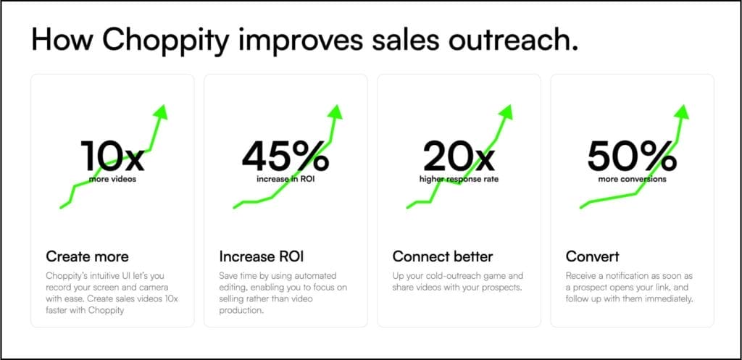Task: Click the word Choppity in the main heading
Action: pyautogui.click(x=167, y=41)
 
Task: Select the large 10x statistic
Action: pyautogui.click(x=112, y=156)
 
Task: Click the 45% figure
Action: pyautogui.click(x=285, y=156)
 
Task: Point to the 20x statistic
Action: pyautogui.click(x=459, y=156)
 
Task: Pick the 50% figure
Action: pyautogui.click(x=632, y=156)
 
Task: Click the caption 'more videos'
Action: pyautogui.click(x=112, y=180)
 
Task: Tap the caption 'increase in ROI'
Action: pyautogui.click(x=285, y=180)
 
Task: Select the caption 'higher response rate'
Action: pyautogui.click(x=459, y=180)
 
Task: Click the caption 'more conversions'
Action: pyautogui.click(x=632, y=180)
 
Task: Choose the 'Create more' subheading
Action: pyautogui.click(x=87, y=257)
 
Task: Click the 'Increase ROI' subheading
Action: pyautogui.click(x=261, y=257)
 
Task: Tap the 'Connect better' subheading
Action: pyautogui.click(x=443, y=257)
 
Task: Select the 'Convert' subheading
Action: pyautogui.click(x=592, y=257)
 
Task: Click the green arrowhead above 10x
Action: pyautogui.click(x=160, y=112)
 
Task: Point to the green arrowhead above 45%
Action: pyautogui.click(x=335, y=112)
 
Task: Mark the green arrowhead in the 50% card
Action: pyautogui.click(x=681, y=112)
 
